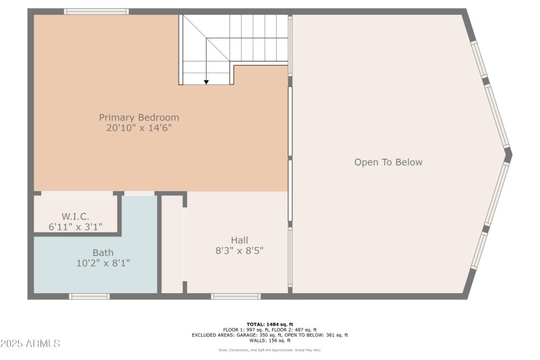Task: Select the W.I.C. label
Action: [76, 216]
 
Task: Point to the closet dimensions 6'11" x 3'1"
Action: [76, 227]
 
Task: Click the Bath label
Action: [94, 252]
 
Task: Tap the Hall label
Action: [239, 240]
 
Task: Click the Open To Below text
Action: [388, 162]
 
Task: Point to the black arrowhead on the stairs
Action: [207, 82]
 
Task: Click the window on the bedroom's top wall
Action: [97, 11]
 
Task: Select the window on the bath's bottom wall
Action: [89, 296]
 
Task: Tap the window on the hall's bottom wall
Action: [236, 296]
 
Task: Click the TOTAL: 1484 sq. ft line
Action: [269, 324]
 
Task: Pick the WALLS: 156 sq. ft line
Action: [269, 340]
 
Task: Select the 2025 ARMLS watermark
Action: [31, 344]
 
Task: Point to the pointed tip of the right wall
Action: [510, 155]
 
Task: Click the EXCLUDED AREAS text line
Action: [269, 335]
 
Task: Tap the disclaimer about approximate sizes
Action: [269, 350]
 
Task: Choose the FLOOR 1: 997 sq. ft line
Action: [269, 330]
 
